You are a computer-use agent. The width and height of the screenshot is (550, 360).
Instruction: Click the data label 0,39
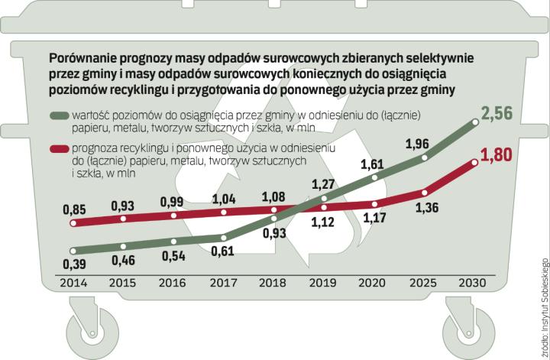coord(74,264)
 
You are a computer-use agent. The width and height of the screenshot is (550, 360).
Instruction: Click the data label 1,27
coord(325,183)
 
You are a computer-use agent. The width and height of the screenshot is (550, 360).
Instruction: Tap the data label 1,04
coord(222,198)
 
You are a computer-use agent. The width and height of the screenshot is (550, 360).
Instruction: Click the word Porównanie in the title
coord(84,57)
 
